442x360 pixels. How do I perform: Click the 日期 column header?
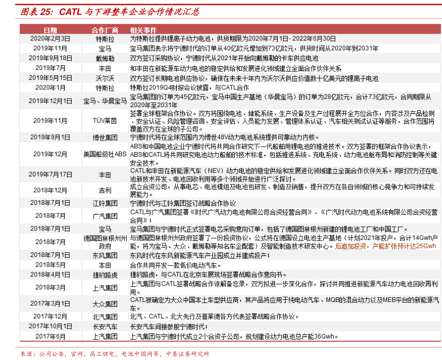(x=50, y=31)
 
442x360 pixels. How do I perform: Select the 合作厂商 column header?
(x=105, y=31)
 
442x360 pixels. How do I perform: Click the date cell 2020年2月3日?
(x=50, y=39)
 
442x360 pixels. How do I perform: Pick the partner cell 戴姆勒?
(x=105, y=58)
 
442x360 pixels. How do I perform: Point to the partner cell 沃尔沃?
(x=105, y=78)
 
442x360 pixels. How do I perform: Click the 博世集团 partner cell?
(x=105, y=137)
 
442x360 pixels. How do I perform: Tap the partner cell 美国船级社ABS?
(x=105, y=154)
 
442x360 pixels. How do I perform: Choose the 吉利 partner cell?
(x=105, y=191)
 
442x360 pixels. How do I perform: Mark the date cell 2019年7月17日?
(x=50, y=175)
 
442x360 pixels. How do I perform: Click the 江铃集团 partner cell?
(x=105, y=203)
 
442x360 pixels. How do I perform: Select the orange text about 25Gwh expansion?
(x=386, y=246)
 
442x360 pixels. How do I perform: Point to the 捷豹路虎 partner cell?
(x=105, y=274)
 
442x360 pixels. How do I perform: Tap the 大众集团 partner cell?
(x=105, y=304)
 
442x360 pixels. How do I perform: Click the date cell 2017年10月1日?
(x=50, y=326)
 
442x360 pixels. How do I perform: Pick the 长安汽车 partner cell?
(x=105, y=326)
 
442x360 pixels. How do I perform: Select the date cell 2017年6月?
(x=50, y=336)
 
